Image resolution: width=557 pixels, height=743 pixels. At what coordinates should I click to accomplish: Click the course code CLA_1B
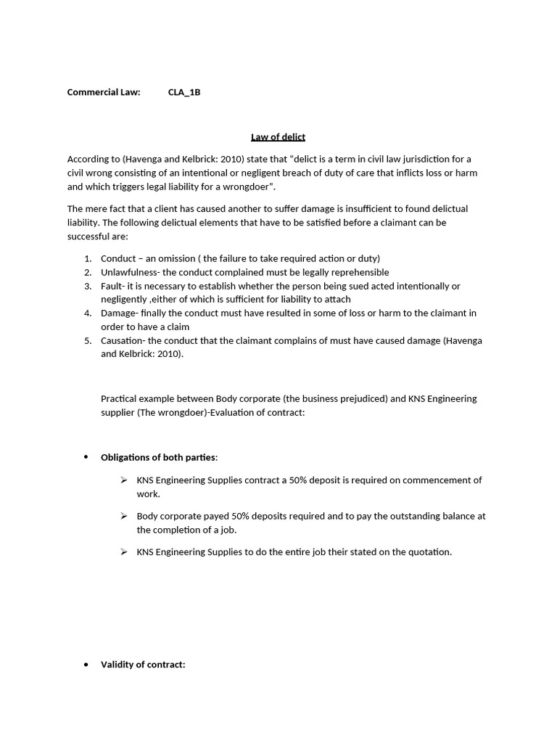point(183,92)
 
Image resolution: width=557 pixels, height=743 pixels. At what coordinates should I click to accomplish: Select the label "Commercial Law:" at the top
point(104,92)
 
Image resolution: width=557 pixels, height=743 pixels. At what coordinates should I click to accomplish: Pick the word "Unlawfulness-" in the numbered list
point(130,272)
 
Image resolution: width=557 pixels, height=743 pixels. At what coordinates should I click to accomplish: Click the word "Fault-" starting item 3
point(113,286)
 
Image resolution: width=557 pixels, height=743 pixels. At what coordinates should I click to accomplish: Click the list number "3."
point(87,286)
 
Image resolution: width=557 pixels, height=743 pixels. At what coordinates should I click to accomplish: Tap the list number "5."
point(87,340)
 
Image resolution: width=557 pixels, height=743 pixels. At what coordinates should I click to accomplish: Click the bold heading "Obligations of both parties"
point(158,457)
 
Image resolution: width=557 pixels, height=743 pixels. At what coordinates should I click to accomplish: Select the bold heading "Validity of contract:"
point(143,664)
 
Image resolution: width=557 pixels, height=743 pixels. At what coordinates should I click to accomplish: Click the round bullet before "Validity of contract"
point(86,664)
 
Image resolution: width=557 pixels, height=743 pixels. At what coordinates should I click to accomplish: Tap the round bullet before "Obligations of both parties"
point(86,457)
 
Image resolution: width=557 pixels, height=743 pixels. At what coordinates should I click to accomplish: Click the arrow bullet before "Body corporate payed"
point(124,516)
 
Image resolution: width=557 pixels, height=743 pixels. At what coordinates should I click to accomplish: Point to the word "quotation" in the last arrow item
point(428,551)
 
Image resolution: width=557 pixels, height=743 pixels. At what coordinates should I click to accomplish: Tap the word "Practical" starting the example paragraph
point(119,398)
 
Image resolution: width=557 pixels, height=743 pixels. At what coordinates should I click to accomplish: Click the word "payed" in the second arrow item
point(206,516)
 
